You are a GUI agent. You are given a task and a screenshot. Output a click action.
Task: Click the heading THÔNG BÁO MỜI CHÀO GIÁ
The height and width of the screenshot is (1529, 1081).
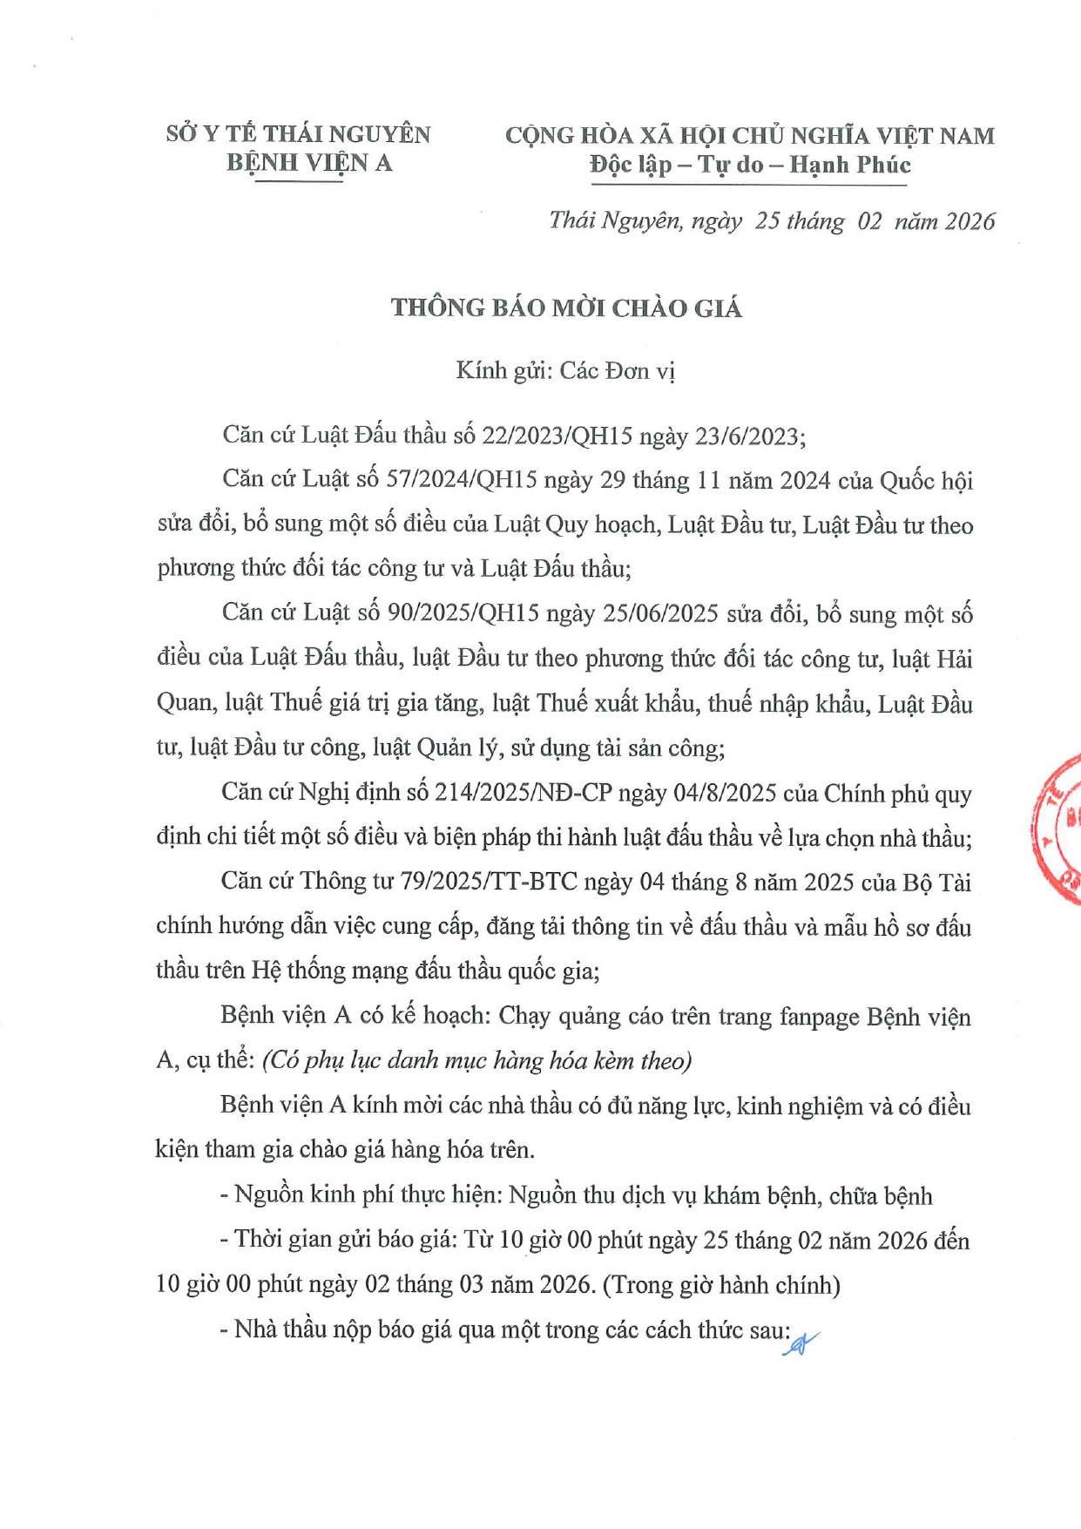coord(566,308)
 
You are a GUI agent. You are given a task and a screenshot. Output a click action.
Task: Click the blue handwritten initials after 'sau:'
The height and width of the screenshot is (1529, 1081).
coord(800,1343)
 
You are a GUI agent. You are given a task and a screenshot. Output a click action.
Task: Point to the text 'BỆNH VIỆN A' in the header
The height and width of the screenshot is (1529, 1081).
coord(309,163)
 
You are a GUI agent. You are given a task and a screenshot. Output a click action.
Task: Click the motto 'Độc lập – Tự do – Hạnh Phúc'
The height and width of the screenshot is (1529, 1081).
coord(749,165)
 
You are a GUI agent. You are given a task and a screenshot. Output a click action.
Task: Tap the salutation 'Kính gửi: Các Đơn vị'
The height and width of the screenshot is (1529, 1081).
coord(565,371)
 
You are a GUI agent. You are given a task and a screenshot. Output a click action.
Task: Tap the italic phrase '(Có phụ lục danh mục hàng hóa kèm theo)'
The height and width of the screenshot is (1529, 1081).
coord(476,1060)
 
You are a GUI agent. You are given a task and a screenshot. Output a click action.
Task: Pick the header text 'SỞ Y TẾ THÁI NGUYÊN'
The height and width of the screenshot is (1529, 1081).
coord(298,134)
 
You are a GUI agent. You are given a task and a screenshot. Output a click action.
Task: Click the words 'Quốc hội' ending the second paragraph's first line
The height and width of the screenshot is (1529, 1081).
coord(926,480)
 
